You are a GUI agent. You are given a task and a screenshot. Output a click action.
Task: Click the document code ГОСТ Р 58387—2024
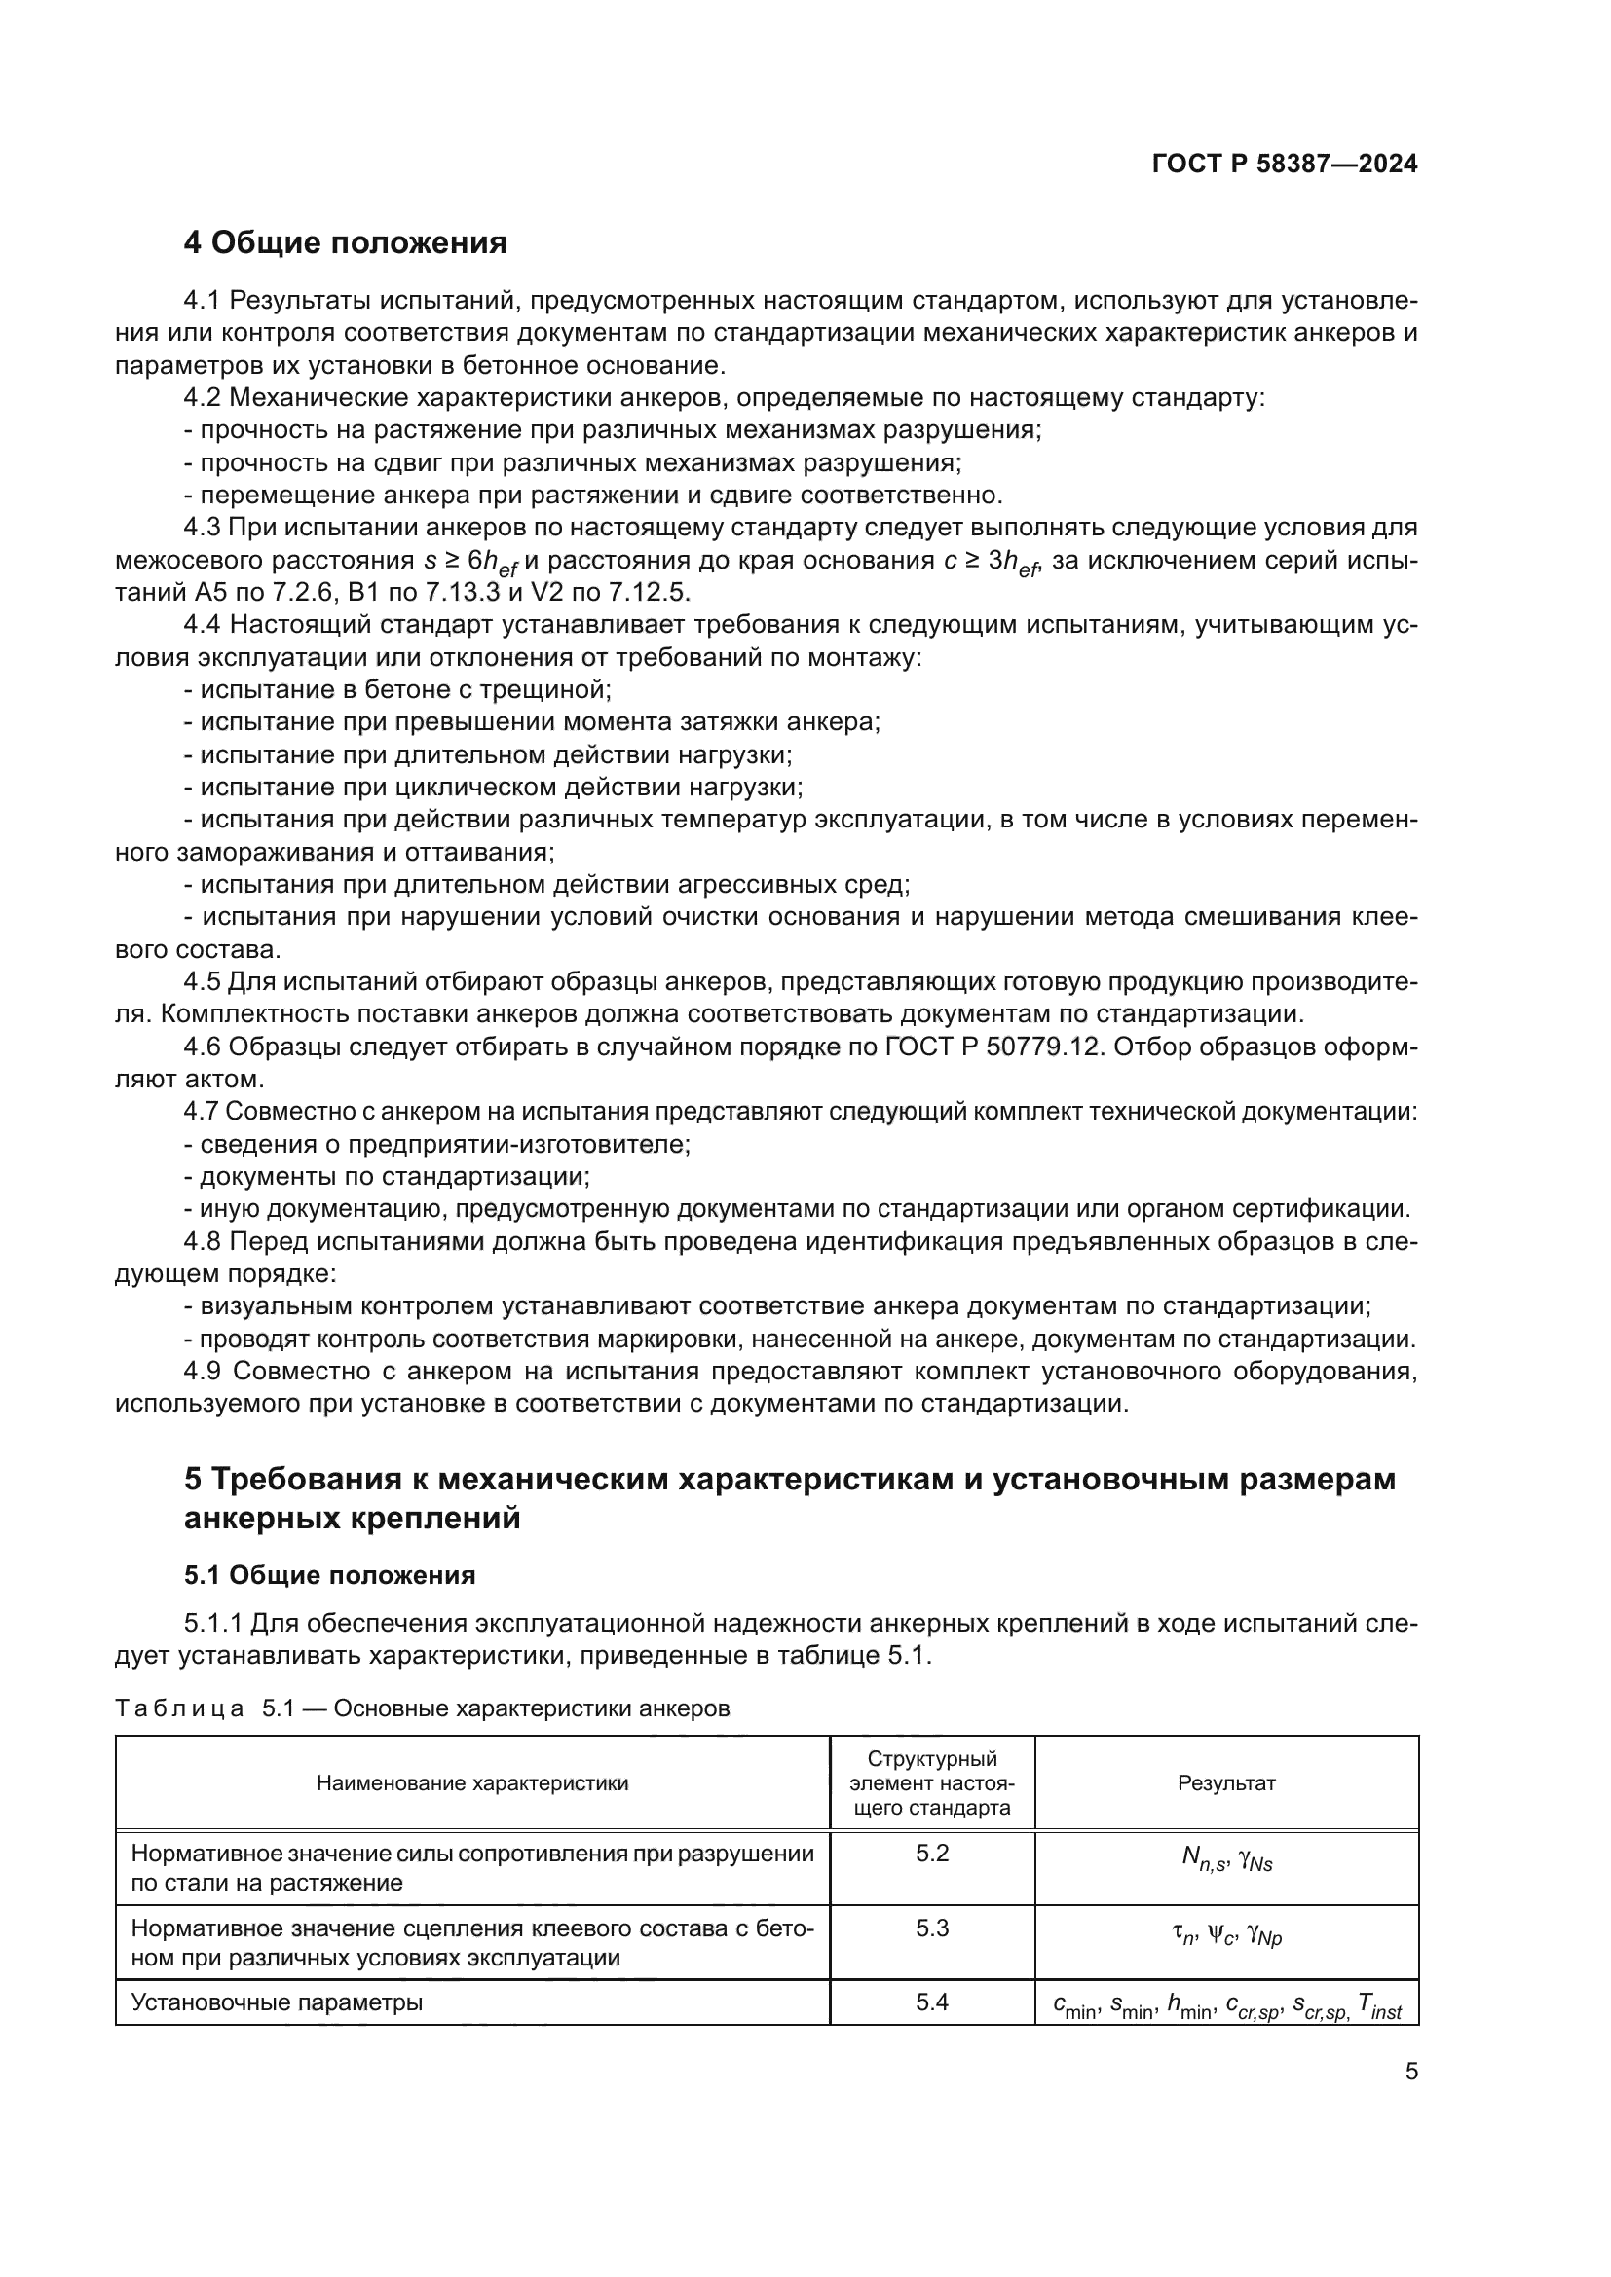click(x=1285, y=165)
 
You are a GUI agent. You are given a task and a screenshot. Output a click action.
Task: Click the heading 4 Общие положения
click(x=345, y=243)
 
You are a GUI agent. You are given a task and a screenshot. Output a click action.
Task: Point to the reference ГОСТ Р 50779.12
click(x=993, y=1047)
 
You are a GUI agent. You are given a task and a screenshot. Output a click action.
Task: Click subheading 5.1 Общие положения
click(x=329, y=1575)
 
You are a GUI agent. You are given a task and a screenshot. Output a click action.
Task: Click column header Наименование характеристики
click(x=472, y=1783)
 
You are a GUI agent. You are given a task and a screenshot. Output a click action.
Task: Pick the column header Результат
click(x=1226, y=1783)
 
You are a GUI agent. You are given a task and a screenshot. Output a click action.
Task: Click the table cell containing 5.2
click(x=931, y=1854)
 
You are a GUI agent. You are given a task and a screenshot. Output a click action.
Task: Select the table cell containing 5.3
click(x=931, y=1928)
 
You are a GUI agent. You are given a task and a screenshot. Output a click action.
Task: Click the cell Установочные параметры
click(x=277, y=2002)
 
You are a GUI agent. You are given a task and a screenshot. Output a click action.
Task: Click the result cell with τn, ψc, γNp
click(x=1226, y=1935)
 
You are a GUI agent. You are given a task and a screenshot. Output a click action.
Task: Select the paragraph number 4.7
click(x=204, y=1112)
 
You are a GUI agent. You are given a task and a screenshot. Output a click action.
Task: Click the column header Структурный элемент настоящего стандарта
click(x=931, y=1783)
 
